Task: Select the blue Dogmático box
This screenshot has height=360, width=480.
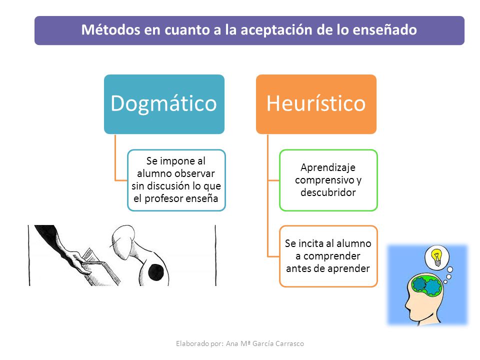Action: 164,104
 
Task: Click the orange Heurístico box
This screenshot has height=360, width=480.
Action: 316,104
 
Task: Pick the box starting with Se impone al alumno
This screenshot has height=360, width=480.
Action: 176,180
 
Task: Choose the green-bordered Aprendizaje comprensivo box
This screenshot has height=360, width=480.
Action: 328,180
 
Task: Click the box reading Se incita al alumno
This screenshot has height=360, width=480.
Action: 328,256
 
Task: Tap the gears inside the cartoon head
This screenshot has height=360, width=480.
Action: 426,285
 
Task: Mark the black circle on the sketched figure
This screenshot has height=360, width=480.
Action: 156,272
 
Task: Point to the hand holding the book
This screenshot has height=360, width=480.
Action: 76,260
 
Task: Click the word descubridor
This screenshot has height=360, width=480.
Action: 328,192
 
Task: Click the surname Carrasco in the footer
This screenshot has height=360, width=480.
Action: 289,344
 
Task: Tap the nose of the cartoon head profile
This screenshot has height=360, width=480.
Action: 407,304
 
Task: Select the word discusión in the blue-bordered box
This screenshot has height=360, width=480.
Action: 165,186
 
